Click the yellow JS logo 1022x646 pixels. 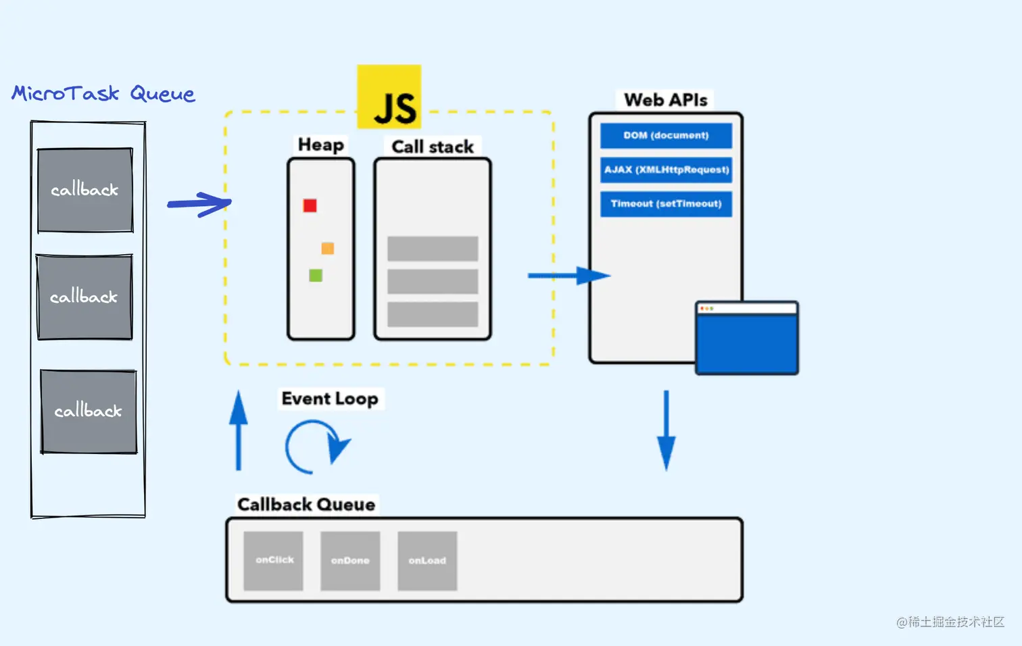pos(389,96)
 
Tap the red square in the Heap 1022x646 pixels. pos(310,205)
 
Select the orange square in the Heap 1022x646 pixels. pos(328,248)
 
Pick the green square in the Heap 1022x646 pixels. pos(316,275)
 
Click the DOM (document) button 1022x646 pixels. pos(666,136)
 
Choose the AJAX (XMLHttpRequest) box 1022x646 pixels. pos(666,170)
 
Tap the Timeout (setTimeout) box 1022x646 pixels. pos(666,204)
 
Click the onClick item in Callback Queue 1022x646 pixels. pos(273,561)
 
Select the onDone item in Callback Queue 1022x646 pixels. pos(350,561)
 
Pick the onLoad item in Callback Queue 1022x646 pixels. pos(427,561)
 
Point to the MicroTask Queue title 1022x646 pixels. pos(103,93)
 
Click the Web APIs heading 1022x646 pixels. pos(666,100)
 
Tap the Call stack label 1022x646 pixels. pos(433,147)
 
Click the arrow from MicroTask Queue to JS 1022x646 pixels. pos(199,204)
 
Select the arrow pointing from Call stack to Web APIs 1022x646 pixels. pos(569,276)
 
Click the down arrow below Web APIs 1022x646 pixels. pos(666,430)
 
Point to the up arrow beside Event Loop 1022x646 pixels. pos(238,430)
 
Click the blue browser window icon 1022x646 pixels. pos(747,338)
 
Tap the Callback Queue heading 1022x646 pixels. pos(306,505)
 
